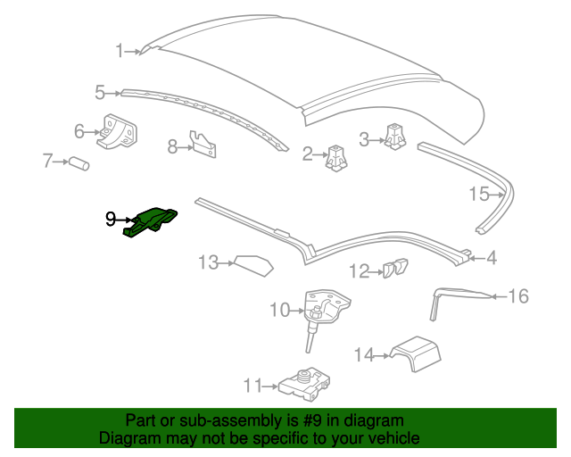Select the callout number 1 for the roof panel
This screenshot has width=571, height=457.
(120, 51)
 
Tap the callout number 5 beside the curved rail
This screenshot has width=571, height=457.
(100, 91)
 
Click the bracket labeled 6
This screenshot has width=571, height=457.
(118, 132)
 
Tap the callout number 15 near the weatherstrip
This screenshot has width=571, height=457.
(479, 194)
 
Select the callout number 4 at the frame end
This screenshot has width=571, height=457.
(491, 259)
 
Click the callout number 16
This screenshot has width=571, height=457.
(518, 295)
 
